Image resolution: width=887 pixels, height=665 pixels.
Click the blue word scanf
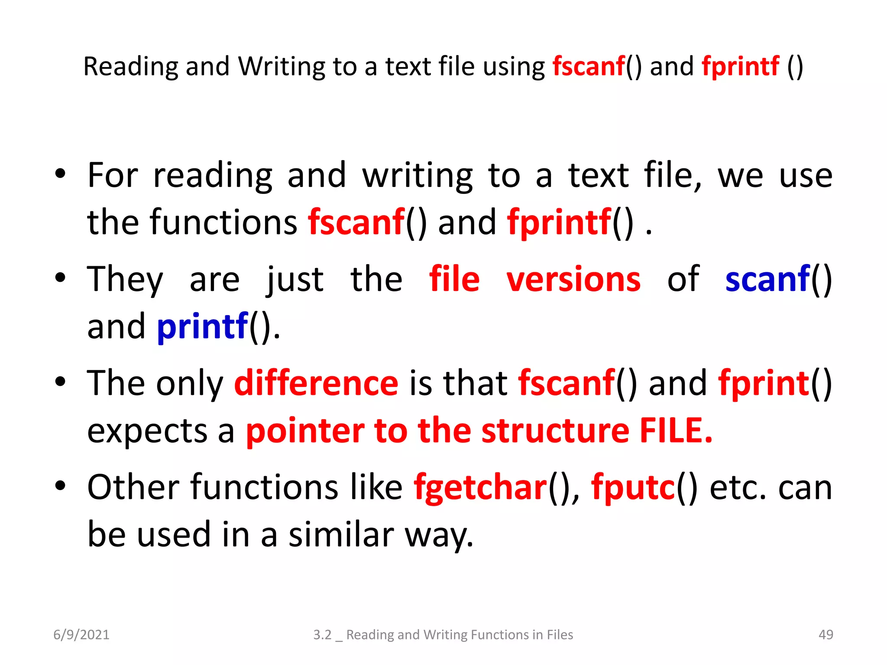[767, 279]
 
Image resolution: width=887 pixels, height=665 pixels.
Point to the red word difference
[316, 383]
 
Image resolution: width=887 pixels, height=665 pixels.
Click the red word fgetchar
[480, 487]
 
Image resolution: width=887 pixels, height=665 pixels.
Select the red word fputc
[633, 487]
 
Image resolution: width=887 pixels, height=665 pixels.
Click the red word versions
[573, 279]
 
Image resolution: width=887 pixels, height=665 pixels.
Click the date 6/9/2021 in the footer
[81, 635]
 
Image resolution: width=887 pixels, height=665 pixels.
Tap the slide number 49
[825, 635]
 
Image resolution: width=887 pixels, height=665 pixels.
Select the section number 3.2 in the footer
[322, 635]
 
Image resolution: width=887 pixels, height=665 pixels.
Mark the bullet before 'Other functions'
[60, 486]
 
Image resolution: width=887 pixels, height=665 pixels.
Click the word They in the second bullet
[125, 279]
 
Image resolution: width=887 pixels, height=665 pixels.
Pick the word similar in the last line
[341, 534]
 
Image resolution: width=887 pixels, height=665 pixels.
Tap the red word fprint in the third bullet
[764, 383]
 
